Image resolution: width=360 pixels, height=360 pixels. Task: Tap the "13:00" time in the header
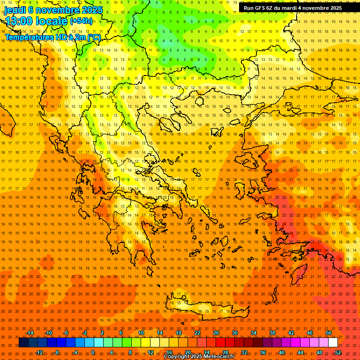pos(19,21)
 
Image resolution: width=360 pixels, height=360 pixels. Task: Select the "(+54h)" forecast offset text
pos(81,21)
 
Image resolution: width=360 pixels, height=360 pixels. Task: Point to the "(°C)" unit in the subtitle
pos(94,37)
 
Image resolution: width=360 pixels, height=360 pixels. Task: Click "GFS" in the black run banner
pos(260,8)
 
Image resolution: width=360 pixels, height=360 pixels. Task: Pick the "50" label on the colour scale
pos(328,333)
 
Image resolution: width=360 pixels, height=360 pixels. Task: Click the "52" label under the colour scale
pos(338,352)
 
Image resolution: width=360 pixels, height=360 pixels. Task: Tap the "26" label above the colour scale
pos(216,333)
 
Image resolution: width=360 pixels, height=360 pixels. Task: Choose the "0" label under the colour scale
pos(93,352)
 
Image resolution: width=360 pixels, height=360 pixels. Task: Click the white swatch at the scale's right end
pos(333,343)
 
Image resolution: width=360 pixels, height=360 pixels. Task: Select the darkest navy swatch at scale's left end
pos(23,343)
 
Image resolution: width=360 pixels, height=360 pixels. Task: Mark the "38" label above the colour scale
pos(272,333)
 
